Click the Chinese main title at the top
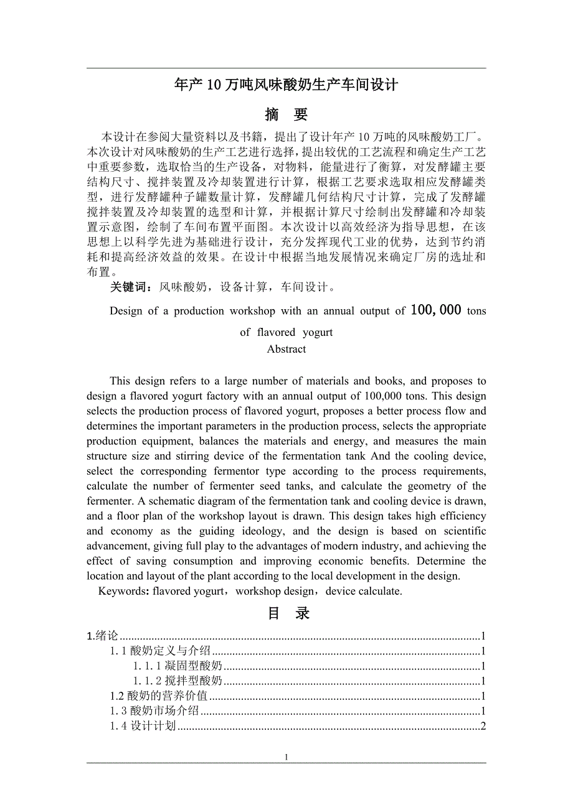[x=286, y=85]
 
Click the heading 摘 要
[x=286, y=114]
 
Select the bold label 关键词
[x=131, y=287]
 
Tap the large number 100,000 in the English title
[x=436, y=310]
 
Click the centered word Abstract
[x=286, y=349]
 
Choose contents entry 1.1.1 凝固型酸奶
[x=178, y=666]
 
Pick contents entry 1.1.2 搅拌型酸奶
[x=178, y=681]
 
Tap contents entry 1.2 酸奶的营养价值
[x=159, y=696]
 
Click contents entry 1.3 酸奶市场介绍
[x=154, y=710]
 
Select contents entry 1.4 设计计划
[x=143, y=725]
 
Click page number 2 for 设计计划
[x=483, y=725]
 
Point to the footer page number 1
[x=286, y=757]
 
